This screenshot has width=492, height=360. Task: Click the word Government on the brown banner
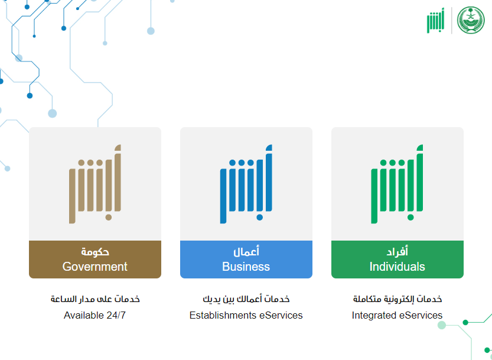(95, 267)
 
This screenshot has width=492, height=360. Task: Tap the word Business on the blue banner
(246, 267)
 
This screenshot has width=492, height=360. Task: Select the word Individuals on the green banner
(397, 267)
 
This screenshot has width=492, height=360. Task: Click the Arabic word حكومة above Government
(95, 252)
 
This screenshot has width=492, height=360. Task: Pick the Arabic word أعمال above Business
(246, 251)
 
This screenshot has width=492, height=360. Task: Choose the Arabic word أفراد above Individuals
(397, 251)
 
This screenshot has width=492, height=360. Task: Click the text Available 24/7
(95, 315)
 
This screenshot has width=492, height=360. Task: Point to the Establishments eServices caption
(246, 315)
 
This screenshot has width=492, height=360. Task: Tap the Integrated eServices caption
(397, 315)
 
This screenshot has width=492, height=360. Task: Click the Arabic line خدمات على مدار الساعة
(95, 299)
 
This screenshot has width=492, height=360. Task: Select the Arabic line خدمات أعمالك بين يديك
(246, 299)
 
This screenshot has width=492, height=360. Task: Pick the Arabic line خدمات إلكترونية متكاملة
(397, 299)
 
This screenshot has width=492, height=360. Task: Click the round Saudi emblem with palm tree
(471, 20)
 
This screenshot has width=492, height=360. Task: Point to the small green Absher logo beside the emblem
(435, 21)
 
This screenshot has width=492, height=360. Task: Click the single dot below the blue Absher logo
(259, 218)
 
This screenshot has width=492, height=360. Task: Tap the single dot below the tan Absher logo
(109, 218)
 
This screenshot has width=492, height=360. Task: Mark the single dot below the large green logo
(410, 218)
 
